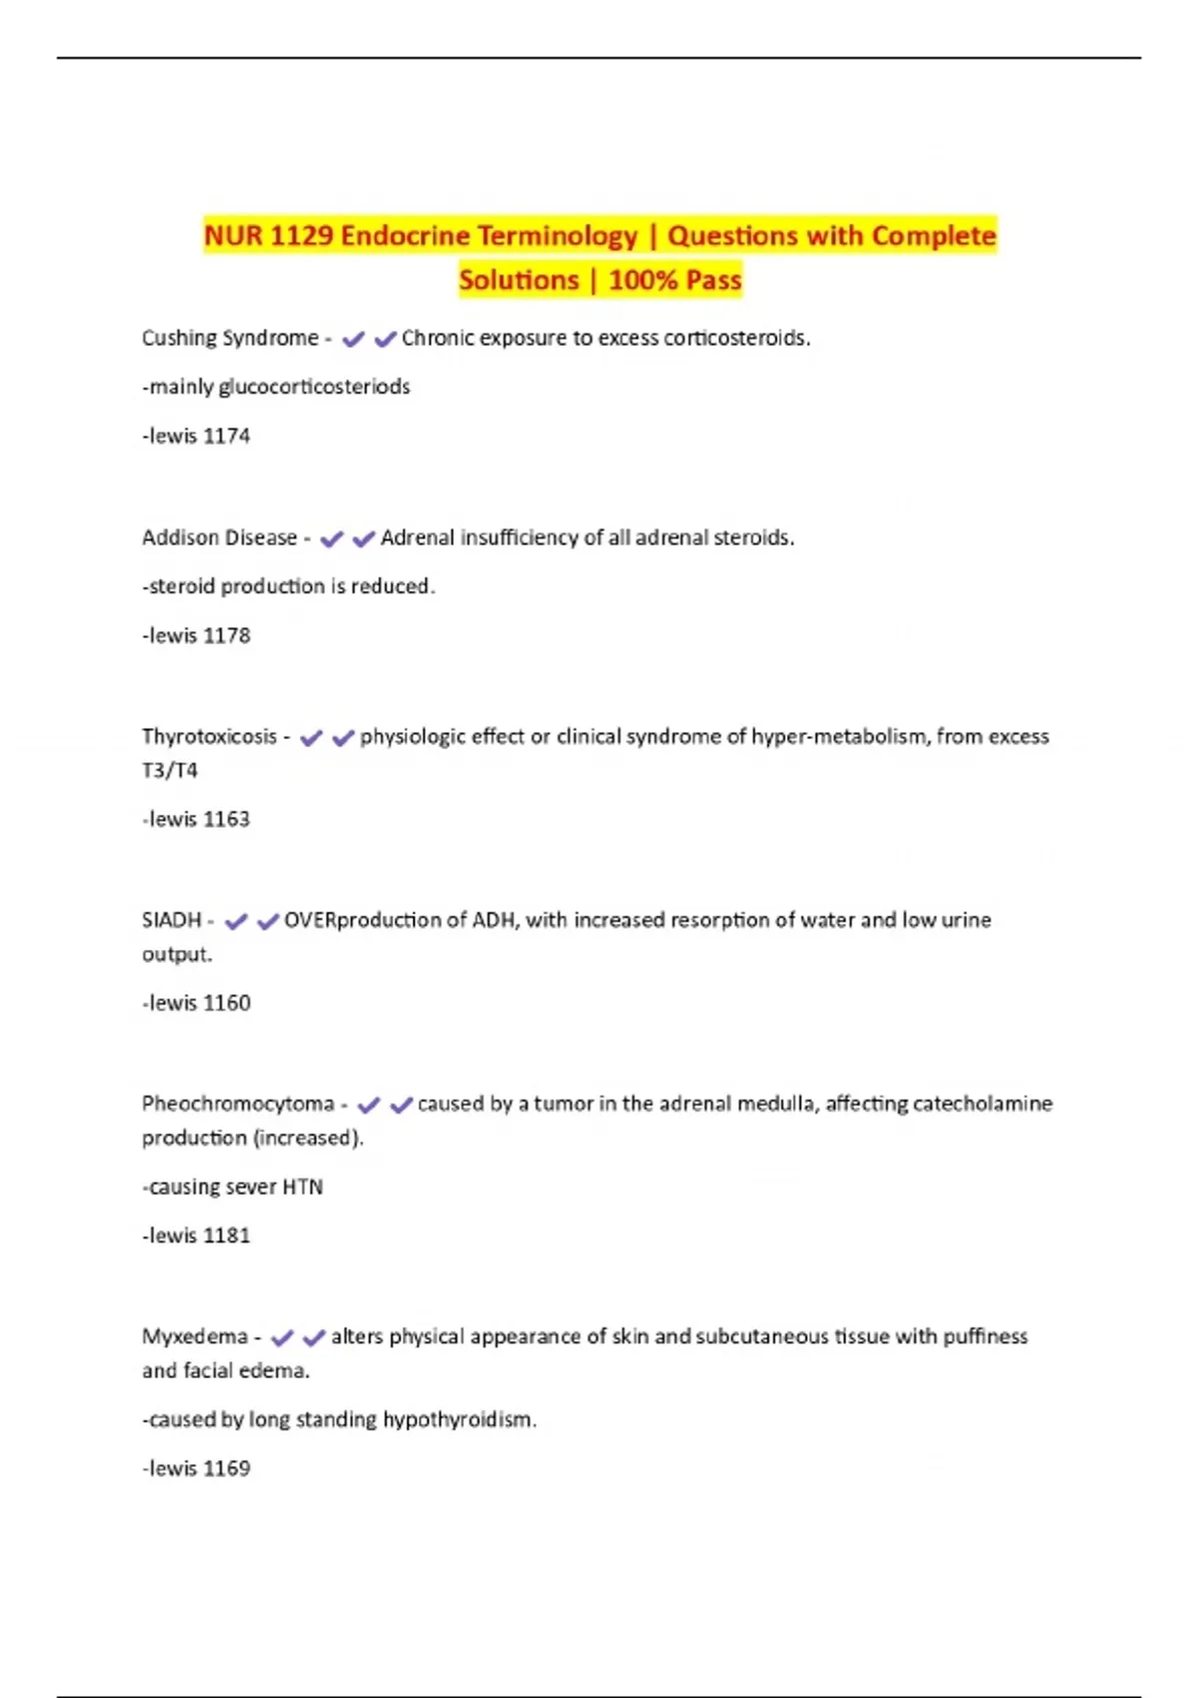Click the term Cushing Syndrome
230,338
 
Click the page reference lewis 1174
197,435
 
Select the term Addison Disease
219,537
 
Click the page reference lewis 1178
197,635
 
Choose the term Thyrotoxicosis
209,736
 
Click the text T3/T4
170,770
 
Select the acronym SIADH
171,920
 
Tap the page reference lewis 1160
197,1003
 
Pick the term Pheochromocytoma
238,1104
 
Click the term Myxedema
194,1336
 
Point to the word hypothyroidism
459,1419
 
